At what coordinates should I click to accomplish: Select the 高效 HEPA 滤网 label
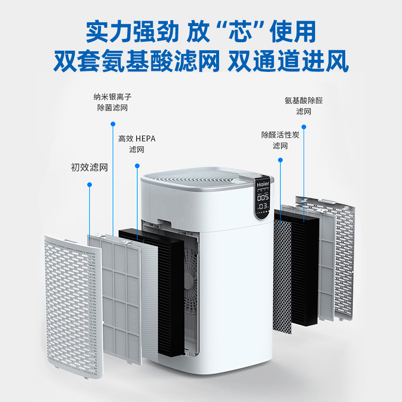137,144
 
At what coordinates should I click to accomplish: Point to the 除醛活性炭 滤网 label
280,140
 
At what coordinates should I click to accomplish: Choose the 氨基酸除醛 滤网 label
304,106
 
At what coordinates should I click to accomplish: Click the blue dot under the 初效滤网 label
89,184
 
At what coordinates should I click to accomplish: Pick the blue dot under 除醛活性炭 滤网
280,159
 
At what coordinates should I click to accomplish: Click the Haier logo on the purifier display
263,184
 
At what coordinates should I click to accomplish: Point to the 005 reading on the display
262,197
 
